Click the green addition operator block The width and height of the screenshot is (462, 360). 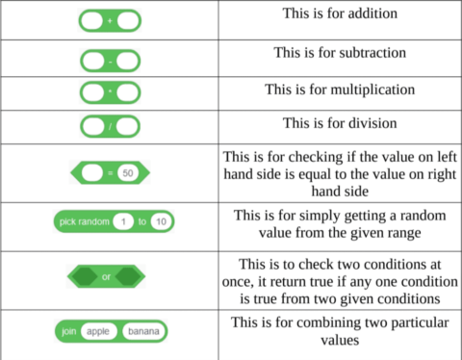tap(110, 19)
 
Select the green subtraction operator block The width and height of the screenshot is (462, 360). tap(110, 60)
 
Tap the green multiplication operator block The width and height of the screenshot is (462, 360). tap(110, 93)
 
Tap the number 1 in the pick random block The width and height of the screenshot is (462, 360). tap(122, 222)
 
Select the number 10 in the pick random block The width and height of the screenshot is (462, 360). tap(161, 222)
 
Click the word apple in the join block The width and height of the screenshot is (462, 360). tap(97, 331)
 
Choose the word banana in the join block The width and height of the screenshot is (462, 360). tap(143, 331)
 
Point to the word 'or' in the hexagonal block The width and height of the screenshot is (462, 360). tap(107, 277)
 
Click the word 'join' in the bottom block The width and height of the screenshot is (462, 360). tap(69, 331)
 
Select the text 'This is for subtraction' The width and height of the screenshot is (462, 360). tap(340, 52)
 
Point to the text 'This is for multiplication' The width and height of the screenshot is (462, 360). tap(340, 89)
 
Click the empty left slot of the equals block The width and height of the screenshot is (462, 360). tap(93, 173)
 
